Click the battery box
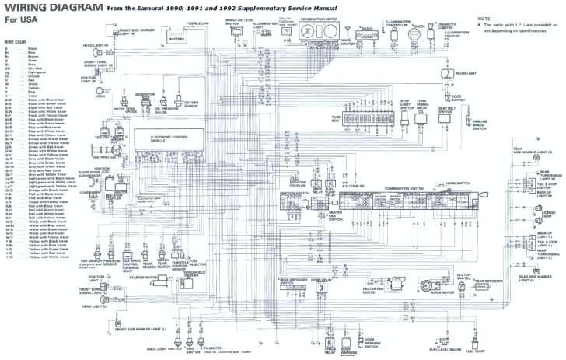coord(176,37)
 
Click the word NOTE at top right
coord(485,17)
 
